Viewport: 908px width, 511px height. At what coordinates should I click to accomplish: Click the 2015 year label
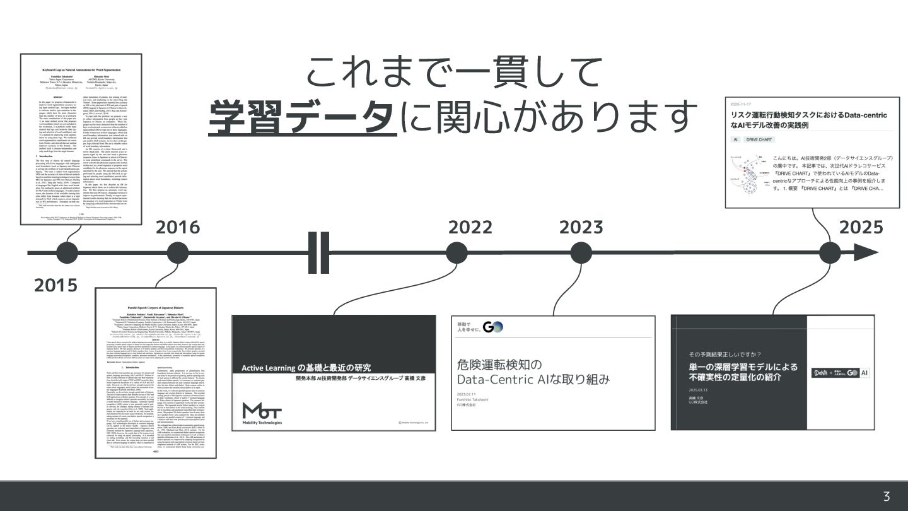pyautogui.click(x=55, y=286)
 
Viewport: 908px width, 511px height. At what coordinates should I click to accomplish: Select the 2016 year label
pyautogui.click(x=177, y=227)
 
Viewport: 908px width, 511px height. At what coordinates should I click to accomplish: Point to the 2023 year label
pyautogui.click(x=581, y=227)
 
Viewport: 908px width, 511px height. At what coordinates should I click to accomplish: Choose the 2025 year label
pyautogui.click(x=861, y=227)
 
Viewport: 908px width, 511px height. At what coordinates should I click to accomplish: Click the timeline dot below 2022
pyautogui.click(x=457, y=253)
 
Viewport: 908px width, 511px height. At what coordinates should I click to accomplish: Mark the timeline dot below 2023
pyautogui.click(x=581, y=253)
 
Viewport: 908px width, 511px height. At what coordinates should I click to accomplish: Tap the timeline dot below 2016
pyautogui.click(x=178, y=253)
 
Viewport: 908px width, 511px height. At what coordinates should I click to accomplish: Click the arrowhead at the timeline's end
pyautogui.click(x=869, y=253)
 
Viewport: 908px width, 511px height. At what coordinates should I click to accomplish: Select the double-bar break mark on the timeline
pyautogui.click(x=318, y=253)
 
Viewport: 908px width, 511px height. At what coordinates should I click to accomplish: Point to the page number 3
pyautogui.click(x=887, y=496)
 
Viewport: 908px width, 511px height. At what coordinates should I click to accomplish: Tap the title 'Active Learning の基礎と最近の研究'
pyautogui.click(x=307, y=367)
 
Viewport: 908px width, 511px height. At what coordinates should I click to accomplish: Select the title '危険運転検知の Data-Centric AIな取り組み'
pyautogui.click(x=533, y=372)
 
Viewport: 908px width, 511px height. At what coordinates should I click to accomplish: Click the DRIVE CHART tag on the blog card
pyautogui.click(x=760, y=139)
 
